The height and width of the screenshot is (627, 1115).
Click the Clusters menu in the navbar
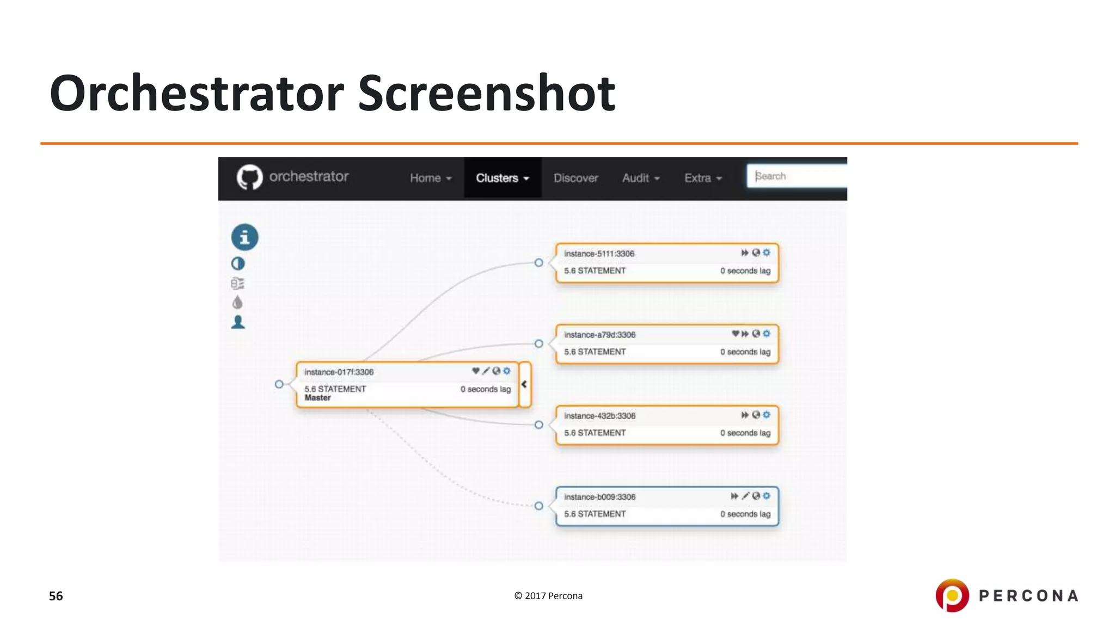(x=502, y=178)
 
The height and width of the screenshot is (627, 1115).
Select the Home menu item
(x=430, y=178)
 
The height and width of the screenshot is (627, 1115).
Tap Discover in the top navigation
(x=575, y=178)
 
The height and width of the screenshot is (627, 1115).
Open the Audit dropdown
(x=640, y=178)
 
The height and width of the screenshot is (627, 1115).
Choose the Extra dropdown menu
(x=702, y=178)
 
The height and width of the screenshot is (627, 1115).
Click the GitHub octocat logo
(x=249, y=177)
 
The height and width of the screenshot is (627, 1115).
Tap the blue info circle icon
(x=244, y=237)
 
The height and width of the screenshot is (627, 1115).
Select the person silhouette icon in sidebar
(x=238, y=322)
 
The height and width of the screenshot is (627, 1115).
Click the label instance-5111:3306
(x=599, y=254)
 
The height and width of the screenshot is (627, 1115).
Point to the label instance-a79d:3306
(x=599, y=335)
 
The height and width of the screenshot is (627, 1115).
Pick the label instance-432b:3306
(x=599, y=416)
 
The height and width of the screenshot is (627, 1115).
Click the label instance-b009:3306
(x=599, y=497)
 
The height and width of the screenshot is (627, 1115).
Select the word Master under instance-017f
(x=317, y=398)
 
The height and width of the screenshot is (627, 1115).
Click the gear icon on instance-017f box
(x=507, y=371)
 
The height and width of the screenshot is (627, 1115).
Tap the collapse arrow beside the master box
(x=524, y=384)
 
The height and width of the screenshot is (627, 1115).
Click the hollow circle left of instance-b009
(x=538, y=506)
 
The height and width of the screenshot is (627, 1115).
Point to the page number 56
(x=56, y=596)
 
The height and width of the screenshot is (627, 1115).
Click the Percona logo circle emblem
(x=952, y=595)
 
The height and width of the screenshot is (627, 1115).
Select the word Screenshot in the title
(x=486, y=93)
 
